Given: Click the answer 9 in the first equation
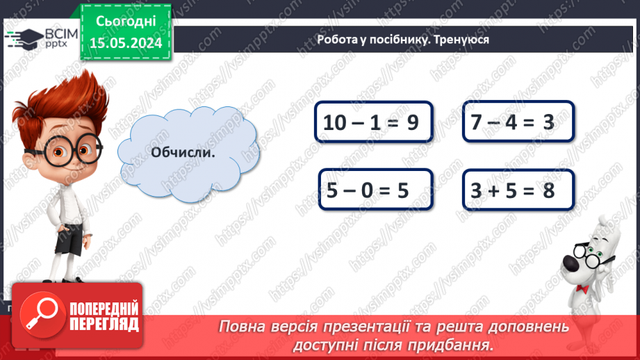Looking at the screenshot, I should pyautogui.click(x=412, y=123).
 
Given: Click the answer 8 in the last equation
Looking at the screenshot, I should pyautogui.click(x=548, y=190).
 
